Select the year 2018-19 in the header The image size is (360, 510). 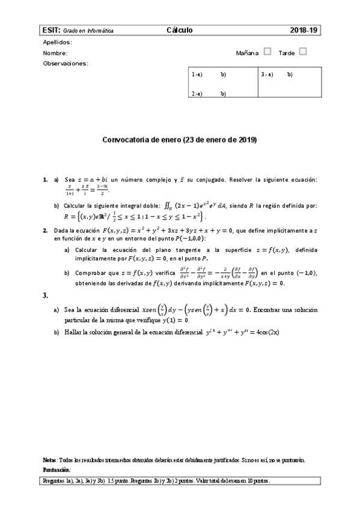pos(302,29)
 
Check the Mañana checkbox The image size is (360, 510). pos(267,52)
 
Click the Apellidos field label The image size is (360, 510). pos(57,42)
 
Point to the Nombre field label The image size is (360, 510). pos(55,53)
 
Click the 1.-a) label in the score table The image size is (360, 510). pos(197,75)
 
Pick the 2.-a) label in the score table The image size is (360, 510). pos(197,93)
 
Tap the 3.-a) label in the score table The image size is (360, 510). pos(267,75)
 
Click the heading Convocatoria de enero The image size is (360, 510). pos(180,140)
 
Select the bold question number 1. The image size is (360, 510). pos(45,180)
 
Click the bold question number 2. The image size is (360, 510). pos(45,230)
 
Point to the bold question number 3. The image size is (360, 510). pos(45,295)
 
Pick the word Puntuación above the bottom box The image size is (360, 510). pos(57,469)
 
